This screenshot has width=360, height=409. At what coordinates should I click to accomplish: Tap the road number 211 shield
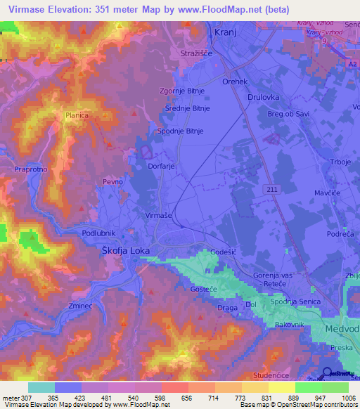274,190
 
